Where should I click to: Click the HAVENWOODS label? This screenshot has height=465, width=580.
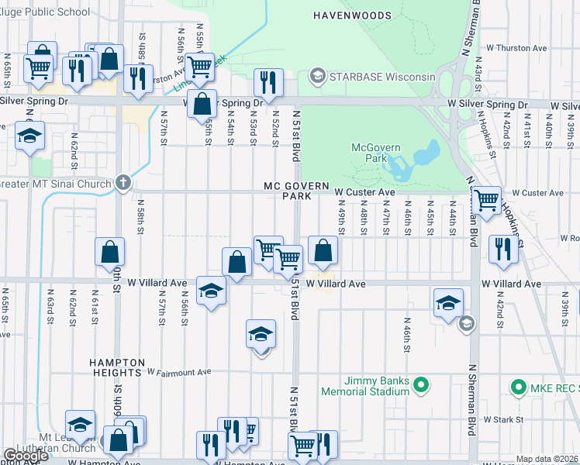coord(349,15)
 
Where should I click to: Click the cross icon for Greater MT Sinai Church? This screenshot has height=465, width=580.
coord(122,183)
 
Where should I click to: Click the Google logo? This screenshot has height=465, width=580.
coord(26,456)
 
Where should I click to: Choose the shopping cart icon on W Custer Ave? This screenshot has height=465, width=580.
coord(486,200)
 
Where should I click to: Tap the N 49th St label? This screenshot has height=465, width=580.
coord(340,215)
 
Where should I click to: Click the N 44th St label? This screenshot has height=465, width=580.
coord(452,215)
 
